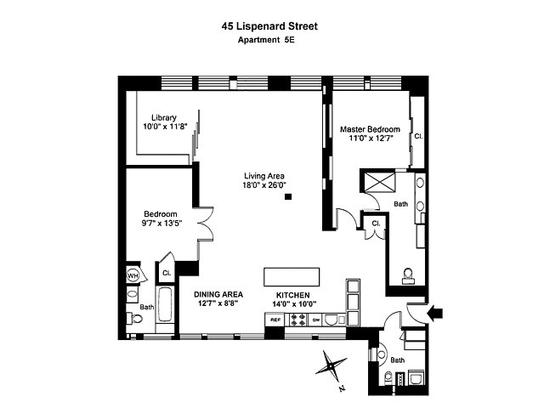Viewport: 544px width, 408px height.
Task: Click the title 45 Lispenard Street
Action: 271,25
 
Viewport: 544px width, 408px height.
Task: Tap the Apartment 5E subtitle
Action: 271,40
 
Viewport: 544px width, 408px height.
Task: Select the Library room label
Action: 163,117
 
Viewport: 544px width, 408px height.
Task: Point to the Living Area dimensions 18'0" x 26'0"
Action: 263,184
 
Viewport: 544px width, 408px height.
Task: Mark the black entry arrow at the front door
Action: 433,314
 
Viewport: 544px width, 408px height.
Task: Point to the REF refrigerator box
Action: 275,320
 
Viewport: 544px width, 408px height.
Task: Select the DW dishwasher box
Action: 315,320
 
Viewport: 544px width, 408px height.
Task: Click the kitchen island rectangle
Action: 292,277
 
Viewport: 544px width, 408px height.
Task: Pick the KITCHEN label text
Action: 292,293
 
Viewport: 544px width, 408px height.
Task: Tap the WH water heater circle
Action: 133,275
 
